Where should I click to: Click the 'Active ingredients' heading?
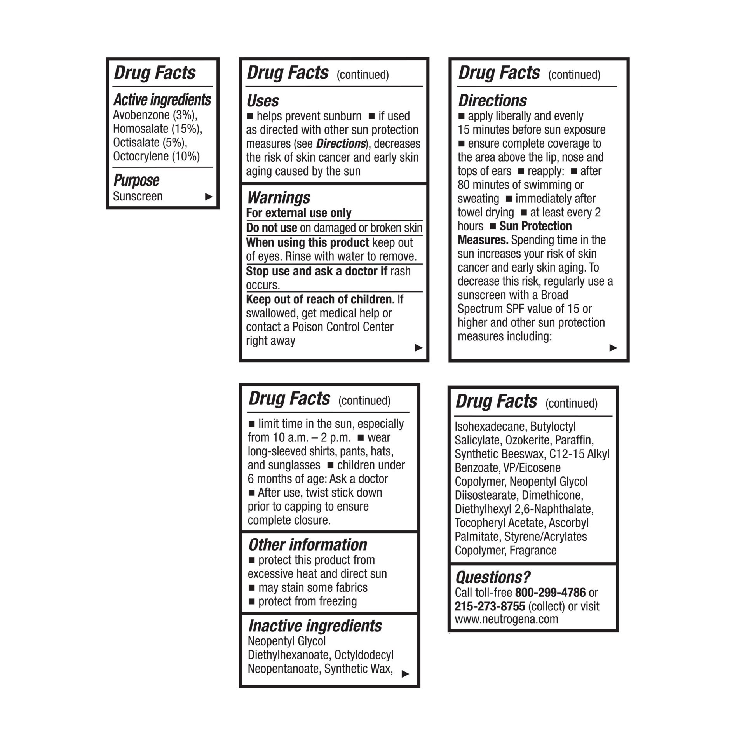coord(162,100)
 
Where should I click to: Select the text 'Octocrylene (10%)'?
coord(156,156)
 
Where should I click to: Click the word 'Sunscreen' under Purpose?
coord(138,196)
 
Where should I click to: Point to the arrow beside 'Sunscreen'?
coord(209,197)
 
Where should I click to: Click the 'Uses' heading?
coord(263,101)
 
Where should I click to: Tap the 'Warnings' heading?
coord(279,198)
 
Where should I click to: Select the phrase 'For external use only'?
coord(298,213)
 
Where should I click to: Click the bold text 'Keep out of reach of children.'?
coord(320,299)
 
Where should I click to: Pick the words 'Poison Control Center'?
coord(343,327)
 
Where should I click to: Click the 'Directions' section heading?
coord(492,101)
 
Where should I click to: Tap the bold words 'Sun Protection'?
coord(535,226)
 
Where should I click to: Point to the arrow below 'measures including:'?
coord(613,347)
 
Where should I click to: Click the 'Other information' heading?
coord(307,545)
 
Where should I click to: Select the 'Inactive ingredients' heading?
coord(315,626)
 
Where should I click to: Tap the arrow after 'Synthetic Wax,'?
coord(405,674)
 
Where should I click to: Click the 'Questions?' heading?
coord(492,577)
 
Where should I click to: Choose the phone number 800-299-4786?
coord(550,593)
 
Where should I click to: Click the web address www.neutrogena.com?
coord(506,619)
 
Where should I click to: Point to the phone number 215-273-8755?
coord(490,606)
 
